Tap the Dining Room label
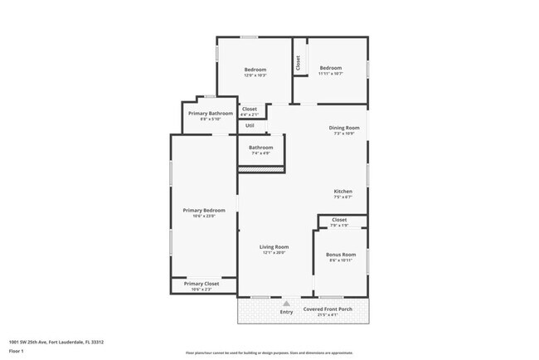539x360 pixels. click(x=343, y=128)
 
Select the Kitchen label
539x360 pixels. click(x=343, y=192)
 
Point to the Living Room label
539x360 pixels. click(x=274, y=247)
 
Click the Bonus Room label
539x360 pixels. click(x=341, y=255)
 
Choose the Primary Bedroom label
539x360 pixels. click(x=204, y=211)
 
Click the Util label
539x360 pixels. click(x=250, y=125)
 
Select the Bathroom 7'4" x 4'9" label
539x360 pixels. click(x=261, y=148)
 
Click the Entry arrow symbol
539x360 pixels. click(x=287, y=304)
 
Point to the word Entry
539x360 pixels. click(x=287, y=312)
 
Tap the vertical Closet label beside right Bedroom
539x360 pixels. click(x=298, y=62)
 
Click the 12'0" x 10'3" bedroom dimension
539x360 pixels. click(x=255, y=75)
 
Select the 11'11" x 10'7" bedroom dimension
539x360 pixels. click(x=331, y=74)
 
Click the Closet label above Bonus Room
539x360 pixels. click(x=339, y=221)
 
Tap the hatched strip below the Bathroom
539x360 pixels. click(x=261, y=170)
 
